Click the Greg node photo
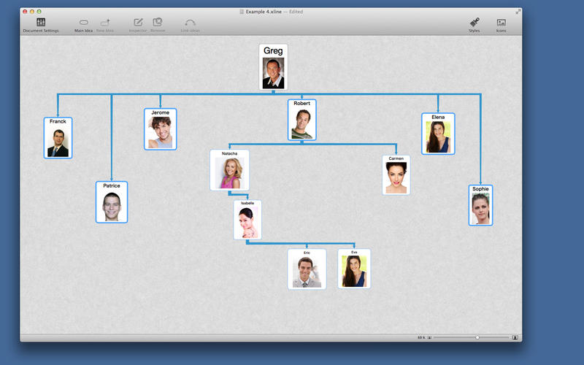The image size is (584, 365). (273, 73)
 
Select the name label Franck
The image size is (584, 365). (58, 121)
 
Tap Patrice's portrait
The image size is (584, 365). (111, 206)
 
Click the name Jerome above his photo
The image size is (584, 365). (160, 112)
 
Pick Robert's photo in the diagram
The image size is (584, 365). (301, 123)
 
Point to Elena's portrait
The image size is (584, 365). (438, 137)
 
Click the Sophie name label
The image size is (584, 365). (480, 189)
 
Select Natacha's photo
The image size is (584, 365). (229, 173)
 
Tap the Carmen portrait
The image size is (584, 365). (396, 177)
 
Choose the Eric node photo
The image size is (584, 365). (307, 272)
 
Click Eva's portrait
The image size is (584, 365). (354, 271)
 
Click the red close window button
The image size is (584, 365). (25, 12)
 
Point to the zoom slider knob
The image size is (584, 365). (477, 338)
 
